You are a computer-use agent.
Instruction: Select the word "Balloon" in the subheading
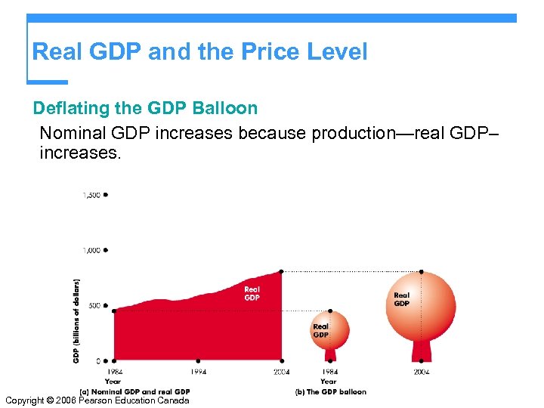[225, 108]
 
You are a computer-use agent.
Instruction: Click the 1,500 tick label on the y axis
[91, 195]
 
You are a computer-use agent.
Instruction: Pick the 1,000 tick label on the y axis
[91, 250]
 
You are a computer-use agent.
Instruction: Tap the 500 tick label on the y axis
[94, 305]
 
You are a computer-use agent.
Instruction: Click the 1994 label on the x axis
[197, 372]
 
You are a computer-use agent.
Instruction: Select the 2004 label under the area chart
[282, 372]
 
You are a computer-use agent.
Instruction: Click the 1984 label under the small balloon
[329, 372]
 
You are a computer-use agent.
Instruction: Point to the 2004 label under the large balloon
[421, 372]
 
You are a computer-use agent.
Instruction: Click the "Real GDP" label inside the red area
[252, 293]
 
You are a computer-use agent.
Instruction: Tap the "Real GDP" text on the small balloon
[321, 331]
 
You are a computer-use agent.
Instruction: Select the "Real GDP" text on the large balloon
[401, 299]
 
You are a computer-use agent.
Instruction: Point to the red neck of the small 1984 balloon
[330, 354]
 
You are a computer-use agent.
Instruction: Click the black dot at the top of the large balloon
[421, 272]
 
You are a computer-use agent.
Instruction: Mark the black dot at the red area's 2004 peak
[282, 271]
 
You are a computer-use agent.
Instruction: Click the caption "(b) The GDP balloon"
[331, 391]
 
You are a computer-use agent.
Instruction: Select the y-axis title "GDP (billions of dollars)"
[76, 320]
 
